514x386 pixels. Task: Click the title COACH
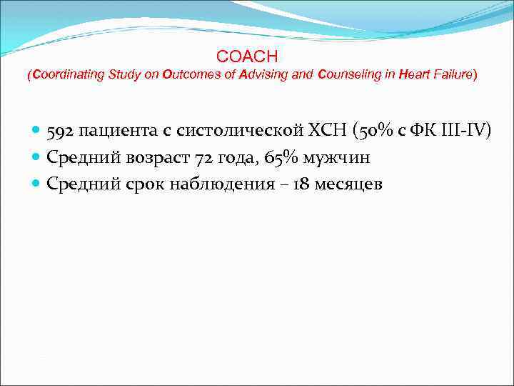246,56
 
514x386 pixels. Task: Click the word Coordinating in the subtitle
63,74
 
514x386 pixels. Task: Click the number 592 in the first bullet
61,132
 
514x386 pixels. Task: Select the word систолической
212,132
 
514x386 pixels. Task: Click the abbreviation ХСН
308,132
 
